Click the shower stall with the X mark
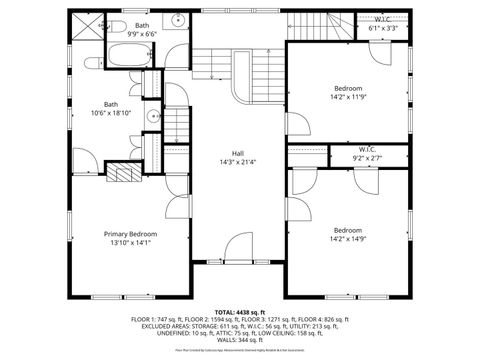pos(86,26)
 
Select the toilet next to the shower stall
pos(115,24)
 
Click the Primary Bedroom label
pos(131,233)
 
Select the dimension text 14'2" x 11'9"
pos(349,98)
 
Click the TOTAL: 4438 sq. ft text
pos(240,312)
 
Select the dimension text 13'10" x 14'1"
pos(131,241)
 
